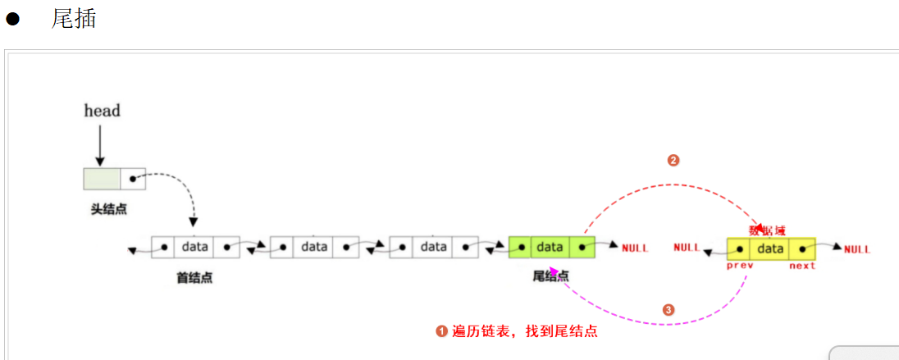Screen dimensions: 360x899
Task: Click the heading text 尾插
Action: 74,19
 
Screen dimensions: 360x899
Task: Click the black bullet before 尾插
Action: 12,20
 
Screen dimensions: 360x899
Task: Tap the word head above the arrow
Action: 102,111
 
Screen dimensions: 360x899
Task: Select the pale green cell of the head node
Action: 102,178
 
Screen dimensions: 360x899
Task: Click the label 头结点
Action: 108,210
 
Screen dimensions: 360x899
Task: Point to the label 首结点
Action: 194,277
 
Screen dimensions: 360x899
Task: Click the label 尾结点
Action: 551,276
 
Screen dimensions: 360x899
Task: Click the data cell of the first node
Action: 195,247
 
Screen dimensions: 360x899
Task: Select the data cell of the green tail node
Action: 550,247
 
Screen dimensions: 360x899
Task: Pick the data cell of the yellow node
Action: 771,248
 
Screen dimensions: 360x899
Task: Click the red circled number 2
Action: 673,161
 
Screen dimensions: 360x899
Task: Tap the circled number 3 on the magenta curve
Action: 669,310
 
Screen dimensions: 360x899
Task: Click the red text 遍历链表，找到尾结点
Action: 524,331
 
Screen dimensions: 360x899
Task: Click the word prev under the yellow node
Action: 740,267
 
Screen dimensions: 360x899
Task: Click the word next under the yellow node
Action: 802,267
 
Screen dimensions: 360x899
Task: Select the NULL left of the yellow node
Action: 687,248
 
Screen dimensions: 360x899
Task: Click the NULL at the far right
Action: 857,249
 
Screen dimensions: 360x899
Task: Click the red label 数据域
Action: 768,230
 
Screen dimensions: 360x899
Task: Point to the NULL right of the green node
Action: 635,248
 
